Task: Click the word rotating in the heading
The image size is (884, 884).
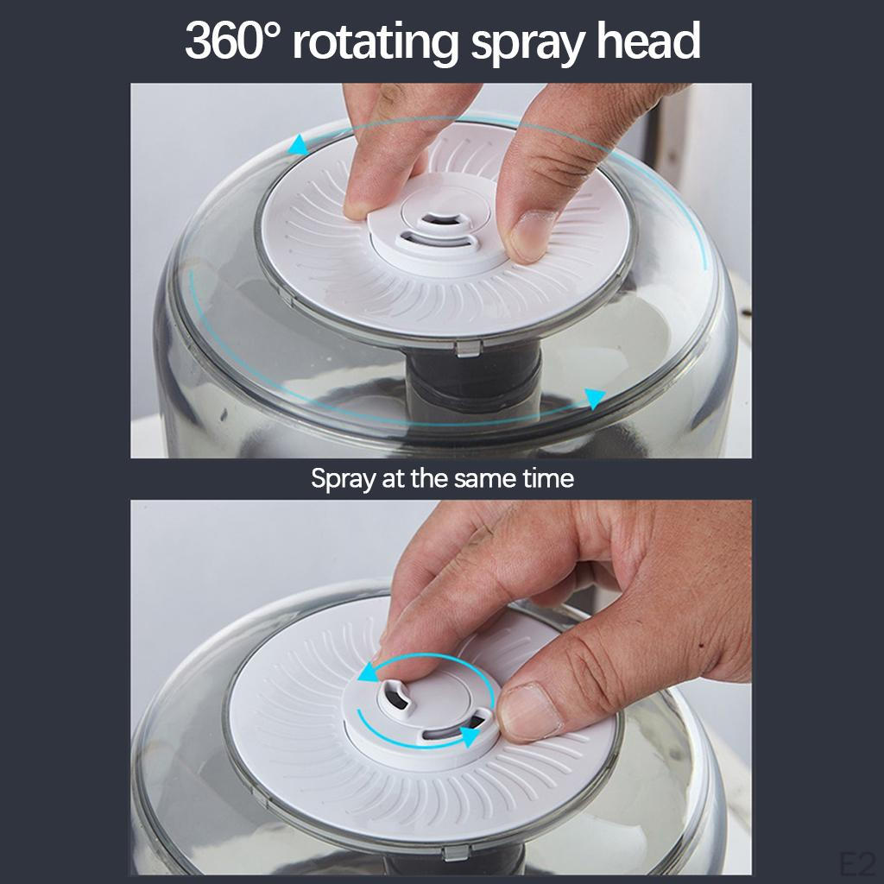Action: pyautogui.click(x=376, y=44)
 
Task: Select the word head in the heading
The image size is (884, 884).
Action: pyautogui.click(x=648, y=41)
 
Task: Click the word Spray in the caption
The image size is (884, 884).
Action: pyautogui.click(x=343, y=480)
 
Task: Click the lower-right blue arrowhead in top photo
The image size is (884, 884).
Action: pyautogui.click(x=594, y=397)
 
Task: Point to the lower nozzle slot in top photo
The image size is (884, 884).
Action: pyautogui.click(x=438, y=240)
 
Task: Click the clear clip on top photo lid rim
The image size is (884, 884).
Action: pyautogui.click(x=468, y=348)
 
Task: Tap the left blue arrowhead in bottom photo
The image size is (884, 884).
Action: pyautogui.click(x=369, y=672)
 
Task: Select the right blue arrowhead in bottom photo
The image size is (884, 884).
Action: pyautogui.click(x=469, y=736)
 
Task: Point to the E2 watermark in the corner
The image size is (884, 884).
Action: pyautogui.click(x=861, y=864)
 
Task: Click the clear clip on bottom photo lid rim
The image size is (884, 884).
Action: pyautogui.click(x=456, y=853)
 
